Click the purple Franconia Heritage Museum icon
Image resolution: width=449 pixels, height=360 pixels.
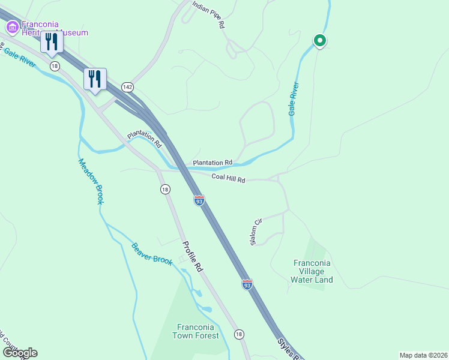pos(11,27)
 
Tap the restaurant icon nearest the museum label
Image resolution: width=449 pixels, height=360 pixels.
pos(51,41)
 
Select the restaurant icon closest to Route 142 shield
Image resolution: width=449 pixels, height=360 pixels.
pos(95,79)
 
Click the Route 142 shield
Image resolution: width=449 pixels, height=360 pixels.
pos(127,87)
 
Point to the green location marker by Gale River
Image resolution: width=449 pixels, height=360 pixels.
pos(320,41)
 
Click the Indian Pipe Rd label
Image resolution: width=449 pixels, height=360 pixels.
pos(208,15)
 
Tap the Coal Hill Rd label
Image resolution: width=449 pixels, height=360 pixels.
pos(229,179)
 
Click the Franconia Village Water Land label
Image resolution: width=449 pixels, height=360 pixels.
pos(312,271)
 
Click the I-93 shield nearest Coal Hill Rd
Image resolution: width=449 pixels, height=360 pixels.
pos(199,200)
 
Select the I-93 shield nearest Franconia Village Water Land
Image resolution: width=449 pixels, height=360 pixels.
pos(247,284)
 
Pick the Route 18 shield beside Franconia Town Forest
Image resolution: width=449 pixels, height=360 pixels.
pos(239,334)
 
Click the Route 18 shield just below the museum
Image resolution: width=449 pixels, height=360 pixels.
pos(55,66)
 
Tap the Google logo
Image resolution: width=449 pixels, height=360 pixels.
pos(20,353)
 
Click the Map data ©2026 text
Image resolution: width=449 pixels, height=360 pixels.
pos(423,355)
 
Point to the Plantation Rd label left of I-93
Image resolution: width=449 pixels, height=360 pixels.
pos(144,140)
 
